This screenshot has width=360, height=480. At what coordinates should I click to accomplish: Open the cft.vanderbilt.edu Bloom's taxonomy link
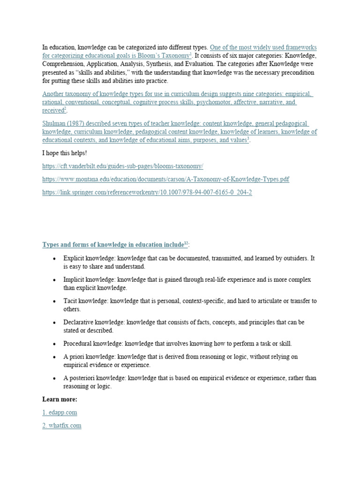pyautogui.click(x=123, y=166)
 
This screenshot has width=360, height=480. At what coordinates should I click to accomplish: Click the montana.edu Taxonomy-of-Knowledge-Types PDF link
pyautogui.click(x=165, y=180)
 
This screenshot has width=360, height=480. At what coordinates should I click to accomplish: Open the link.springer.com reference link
pyautogui.click(x=147, y=193)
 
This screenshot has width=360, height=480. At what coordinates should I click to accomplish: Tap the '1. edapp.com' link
pyautogui.click(x=60, y=412)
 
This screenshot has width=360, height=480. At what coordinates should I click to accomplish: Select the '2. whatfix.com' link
pyautogui.click(x=61, y=426)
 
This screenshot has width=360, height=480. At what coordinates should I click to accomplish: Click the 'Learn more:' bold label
pyautogui.click(x=60, y=399)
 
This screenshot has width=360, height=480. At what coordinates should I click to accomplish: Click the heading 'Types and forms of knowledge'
pyautogui.click(x=112, y=245)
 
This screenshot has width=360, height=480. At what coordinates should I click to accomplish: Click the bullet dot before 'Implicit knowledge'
pyautogui.click(x=55, y=280)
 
